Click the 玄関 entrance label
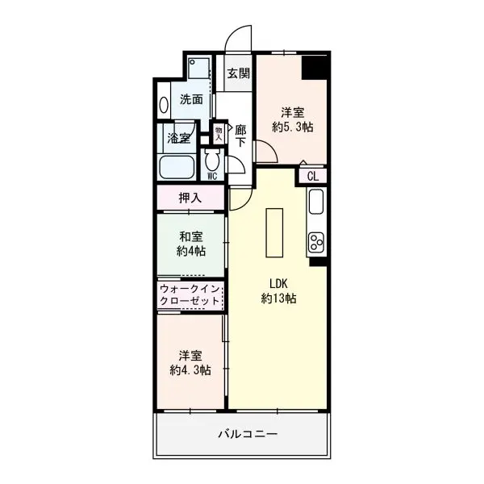click(x=238, y=73)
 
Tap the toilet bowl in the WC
click(x=212, y=160)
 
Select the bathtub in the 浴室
click(x=177, y=167)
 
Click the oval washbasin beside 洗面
click(x=164, y=105)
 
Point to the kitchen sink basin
click(x=316, y=202)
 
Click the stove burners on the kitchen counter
click(x=316, y=242)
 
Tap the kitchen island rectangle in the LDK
click(x=274, y=232)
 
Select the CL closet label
click(x=313, y=176)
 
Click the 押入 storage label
click(x=190, y=198)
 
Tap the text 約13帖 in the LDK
click(x=279, y=298)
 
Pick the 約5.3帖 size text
click(x=292, y=127)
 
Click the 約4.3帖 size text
click(x=190, y=369)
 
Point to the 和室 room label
click(x=190, y=236)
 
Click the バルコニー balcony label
click(x=248, y=434)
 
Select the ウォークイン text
click(x=190, y=290)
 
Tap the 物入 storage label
click(x=219, y=133)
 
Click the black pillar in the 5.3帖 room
click(x=315, y=68)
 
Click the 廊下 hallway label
click(x=240, y=136)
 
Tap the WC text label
click(x=212, y=176)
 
